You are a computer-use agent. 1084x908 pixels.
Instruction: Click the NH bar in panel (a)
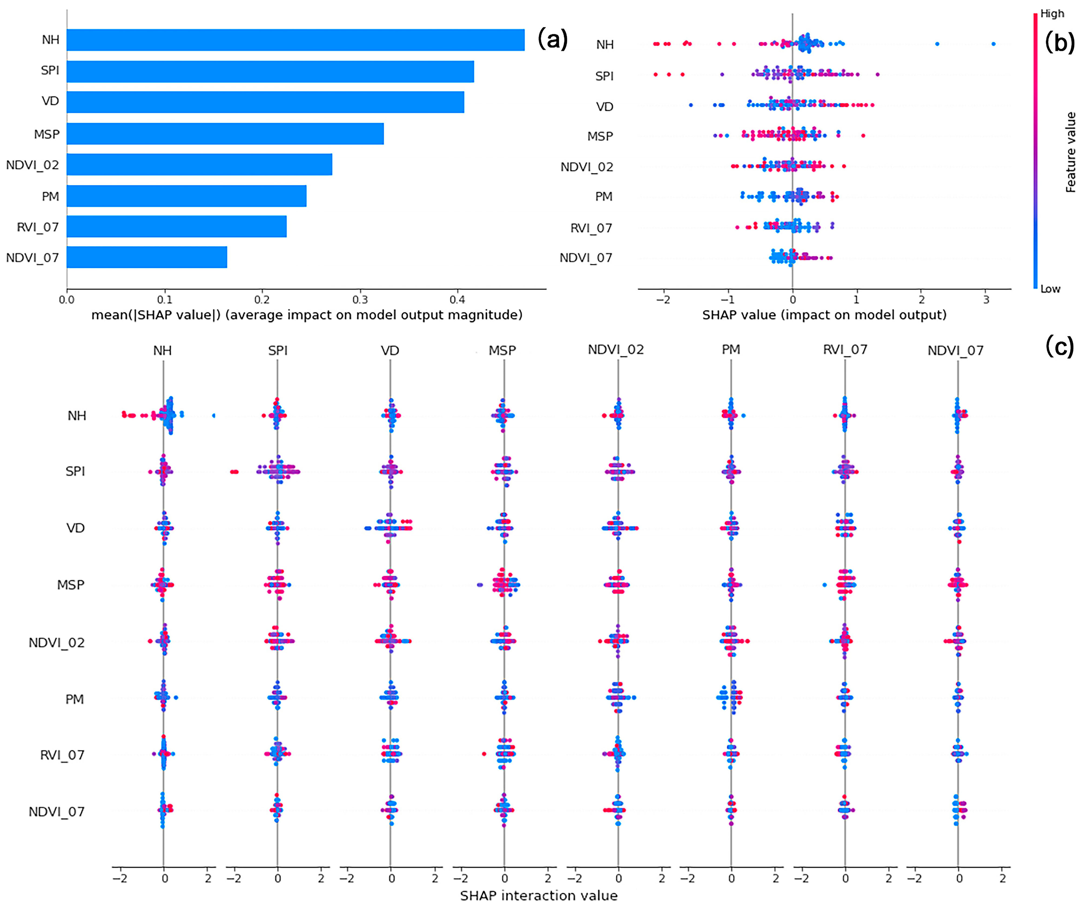click(x=295, y=40)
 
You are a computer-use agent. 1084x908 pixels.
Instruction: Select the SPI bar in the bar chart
click(x=270, y=71)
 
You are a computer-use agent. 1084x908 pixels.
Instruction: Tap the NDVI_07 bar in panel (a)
click(x=147, y=257)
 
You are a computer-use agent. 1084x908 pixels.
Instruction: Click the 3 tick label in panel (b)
click(x=986, y=300)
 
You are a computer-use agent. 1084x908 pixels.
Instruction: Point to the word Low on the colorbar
click(x=1050, y=289)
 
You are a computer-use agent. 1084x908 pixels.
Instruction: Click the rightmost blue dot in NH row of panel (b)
click(x=993, y=44)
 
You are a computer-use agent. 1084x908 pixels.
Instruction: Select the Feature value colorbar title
click(x=1070, y=152)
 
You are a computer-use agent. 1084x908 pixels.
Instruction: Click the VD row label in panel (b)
click(x=605, y=107)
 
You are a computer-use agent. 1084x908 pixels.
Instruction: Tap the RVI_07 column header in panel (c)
click(x=845, y=350)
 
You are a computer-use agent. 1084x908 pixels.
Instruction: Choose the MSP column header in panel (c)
click(x=502, y=351)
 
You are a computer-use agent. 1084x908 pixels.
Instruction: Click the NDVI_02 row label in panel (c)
click(x=56, y=643)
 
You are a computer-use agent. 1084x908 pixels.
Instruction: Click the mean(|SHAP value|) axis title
click(x=307, y=315)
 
